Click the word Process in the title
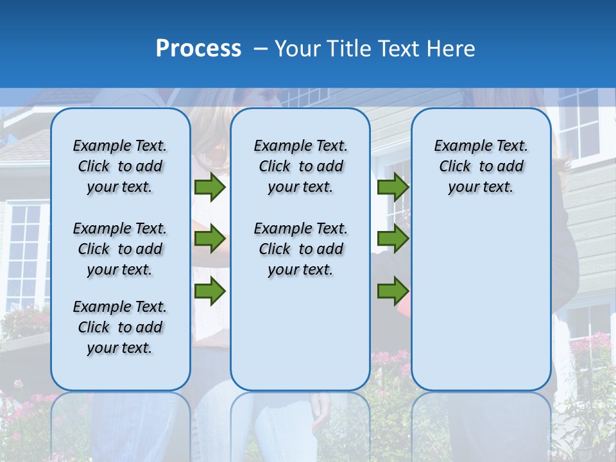pos(198,49)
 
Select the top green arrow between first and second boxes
pos(210,187)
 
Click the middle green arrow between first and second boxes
pos(210,239)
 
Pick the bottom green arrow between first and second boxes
pos(210,291)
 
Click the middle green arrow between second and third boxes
pos(393,239)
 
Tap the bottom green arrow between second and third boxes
pos(393,291)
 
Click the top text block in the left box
pos(120,166)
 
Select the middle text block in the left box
pos(120,249)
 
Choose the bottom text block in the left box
pos(120,327)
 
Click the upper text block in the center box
pos(300,166)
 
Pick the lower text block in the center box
pos(300,249)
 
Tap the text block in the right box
pos(481,166)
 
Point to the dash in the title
pos(261,49)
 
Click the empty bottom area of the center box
pos(300,340)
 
